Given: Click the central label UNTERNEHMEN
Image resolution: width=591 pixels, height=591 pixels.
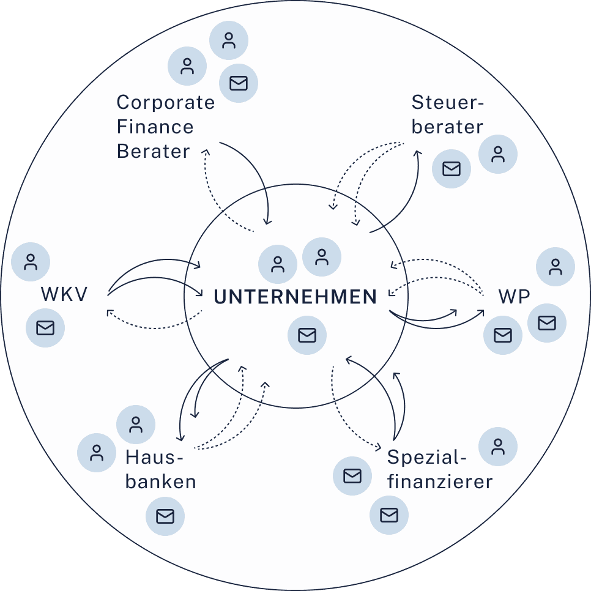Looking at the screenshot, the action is click(295, 297).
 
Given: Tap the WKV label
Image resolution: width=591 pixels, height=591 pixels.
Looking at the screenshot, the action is click(64, 294).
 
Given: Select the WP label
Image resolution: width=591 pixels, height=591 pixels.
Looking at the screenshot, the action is click(514, 297).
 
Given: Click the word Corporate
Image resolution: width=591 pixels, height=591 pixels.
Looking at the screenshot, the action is click(165, 103).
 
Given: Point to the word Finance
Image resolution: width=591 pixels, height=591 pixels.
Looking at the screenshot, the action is click(155, 127).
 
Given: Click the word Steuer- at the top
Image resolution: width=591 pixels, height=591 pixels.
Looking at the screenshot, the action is click(447, 102).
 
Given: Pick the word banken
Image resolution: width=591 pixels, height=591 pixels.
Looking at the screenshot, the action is click(160, 481).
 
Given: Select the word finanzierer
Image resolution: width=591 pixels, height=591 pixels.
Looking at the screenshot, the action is click(440, 481).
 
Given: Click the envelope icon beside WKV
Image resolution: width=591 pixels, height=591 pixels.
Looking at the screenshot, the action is click(45, 327).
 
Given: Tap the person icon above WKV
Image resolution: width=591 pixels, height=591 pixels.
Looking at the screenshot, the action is click(31, 262).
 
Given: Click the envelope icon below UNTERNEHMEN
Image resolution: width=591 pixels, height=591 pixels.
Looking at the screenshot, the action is click(307, 335).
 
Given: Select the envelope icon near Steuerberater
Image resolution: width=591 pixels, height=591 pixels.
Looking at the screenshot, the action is click(451, 168).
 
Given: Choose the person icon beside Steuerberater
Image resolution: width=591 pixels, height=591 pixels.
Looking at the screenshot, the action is click(497, 154).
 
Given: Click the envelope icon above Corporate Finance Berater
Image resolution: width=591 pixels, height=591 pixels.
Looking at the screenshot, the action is click(238, 83).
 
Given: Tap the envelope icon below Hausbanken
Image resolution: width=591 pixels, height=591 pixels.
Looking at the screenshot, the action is click(165, 516).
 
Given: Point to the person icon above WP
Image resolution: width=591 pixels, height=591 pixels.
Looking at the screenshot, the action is click(555, 267).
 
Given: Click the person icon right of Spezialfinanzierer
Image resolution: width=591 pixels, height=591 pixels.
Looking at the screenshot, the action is click(497, 446).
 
